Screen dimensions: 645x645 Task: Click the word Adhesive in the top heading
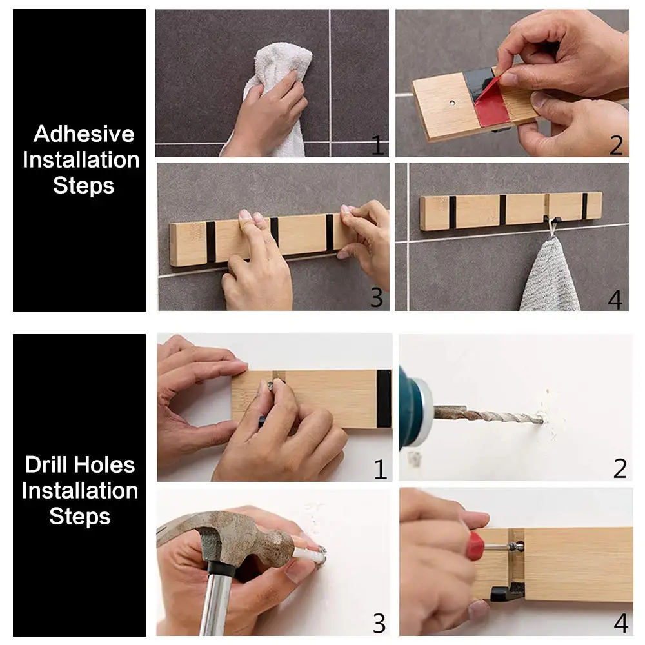[84, 134]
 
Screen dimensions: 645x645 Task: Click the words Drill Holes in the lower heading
[80, 465]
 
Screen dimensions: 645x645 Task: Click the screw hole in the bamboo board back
[453, 103]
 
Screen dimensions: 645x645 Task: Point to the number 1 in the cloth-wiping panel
[377, 145]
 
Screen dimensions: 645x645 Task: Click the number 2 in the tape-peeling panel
[616, 145]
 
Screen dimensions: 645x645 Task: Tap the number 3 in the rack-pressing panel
[377, 297]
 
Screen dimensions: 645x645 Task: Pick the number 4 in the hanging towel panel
[615, 299]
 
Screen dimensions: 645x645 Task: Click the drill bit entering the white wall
[490, 415]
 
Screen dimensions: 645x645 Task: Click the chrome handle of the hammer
[216, 605]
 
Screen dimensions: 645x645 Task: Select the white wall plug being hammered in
[308, 554]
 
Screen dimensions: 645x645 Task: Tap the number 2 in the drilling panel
[620, 468]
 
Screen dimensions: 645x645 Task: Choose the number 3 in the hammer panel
[379, 624]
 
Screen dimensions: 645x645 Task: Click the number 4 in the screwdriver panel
[620, 623]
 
